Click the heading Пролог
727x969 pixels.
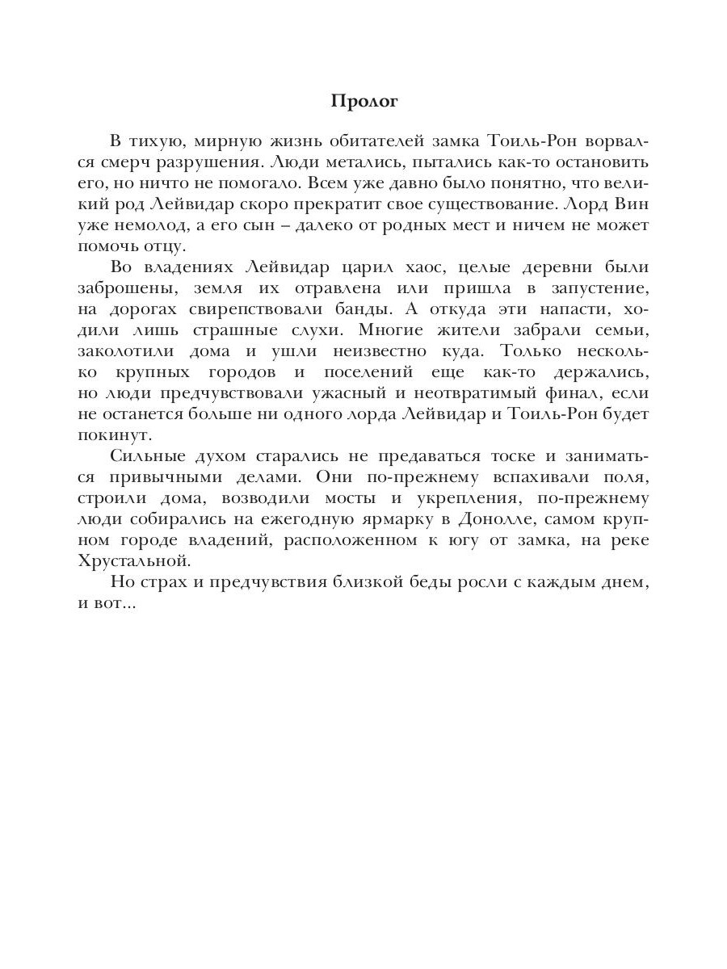(364, 101)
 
